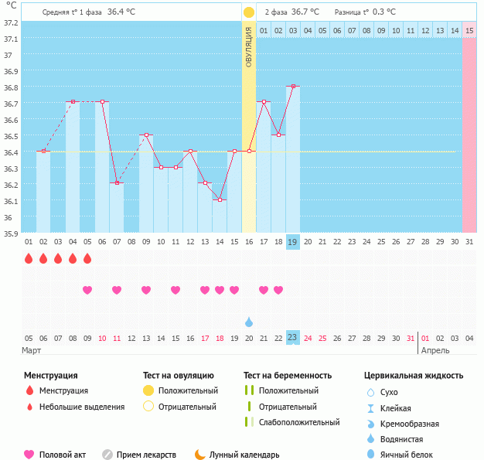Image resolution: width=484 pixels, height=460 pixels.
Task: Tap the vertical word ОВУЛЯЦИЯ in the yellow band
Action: click(249, 46)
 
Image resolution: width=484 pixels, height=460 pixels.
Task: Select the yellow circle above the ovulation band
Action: click(249, 12)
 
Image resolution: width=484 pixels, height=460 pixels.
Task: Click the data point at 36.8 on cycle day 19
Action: click(293, 87)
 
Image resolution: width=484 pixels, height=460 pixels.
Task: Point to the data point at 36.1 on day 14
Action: click(220, 199)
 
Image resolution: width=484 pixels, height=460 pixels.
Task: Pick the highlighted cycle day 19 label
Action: click(293, 241)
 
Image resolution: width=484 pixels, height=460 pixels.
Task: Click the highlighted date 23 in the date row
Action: click(293, 338)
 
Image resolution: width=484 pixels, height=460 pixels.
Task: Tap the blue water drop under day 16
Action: click(249, 322)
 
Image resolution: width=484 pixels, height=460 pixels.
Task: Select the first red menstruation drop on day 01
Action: click(29, 258)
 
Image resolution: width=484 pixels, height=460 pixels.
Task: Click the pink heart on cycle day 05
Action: click(87, 290)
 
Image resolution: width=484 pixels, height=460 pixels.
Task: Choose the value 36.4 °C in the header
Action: click(121, 12)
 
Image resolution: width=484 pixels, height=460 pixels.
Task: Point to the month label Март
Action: click(32, 351)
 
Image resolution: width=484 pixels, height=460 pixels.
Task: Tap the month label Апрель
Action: click(435, 351)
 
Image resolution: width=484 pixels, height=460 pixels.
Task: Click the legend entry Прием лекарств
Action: click(145, 455)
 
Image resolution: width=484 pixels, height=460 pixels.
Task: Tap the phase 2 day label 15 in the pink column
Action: click(469, 30)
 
